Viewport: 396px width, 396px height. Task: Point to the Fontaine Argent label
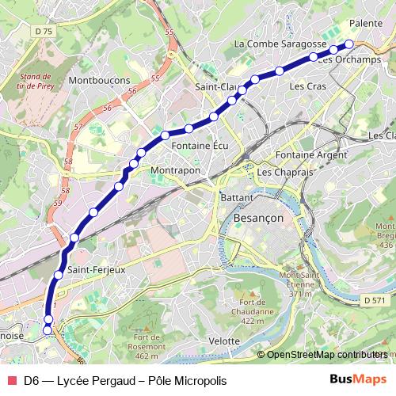311,154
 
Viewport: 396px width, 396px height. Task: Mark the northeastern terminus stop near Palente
349,44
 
